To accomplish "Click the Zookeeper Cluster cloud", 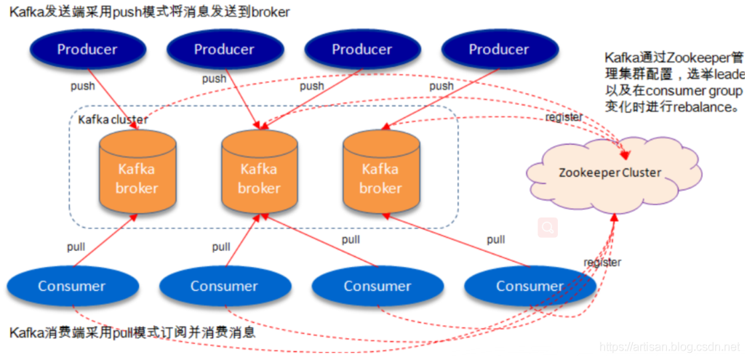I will pyautogui.click(x=610, y=172).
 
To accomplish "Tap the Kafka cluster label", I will pyautogui.click(x=113, y=119).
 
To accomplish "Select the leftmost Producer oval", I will pyautogui.click(x=87, y=49).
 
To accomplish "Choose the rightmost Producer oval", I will pyautogui.click(x=499, y=49).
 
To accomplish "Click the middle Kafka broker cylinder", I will pyautogui.click(x=258, y=175).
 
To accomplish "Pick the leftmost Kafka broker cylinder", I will pyautogui.click(x=137, y=175).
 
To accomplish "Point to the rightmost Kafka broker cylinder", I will pyautogui.click(x=380, y=175).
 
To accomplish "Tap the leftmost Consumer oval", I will pyautogui.click(x=72, y=286).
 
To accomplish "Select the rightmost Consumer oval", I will pyautogui.click(x=530, y=286).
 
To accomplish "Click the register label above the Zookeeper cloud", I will pyautogui.click(x=564, y=116).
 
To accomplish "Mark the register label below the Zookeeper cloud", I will pyautogui.click(x=602, y=262).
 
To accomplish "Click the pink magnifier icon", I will pyautogui.click(x=548, y=228).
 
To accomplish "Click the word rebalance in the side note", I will pyautogui.click(x=698, y=106).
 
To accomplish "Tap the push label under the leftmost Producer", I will pyautogui.click(x=82, y=86).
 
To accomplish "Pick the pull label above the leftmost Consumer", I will pyautogui.click(x=76, y=247).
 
